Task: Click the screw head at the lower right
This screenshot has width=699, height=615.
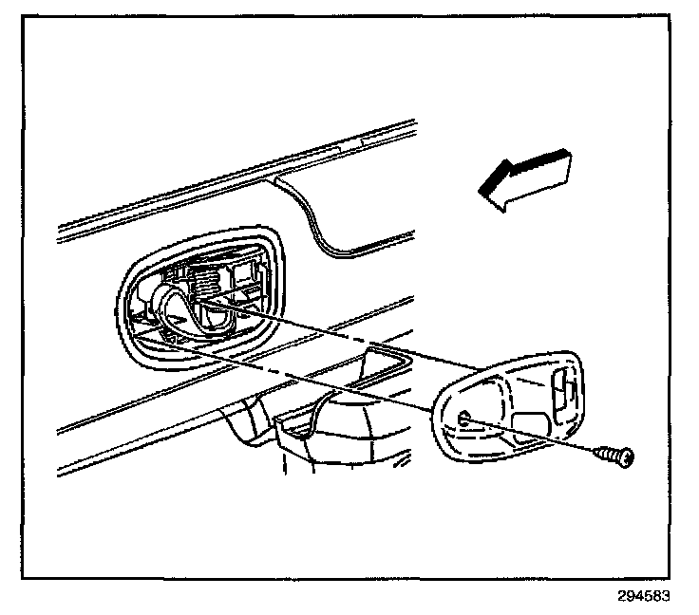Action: click(x=625, y=459)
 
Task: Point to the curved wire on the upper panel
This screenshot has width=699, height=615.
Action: click(x=323, y=223)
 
